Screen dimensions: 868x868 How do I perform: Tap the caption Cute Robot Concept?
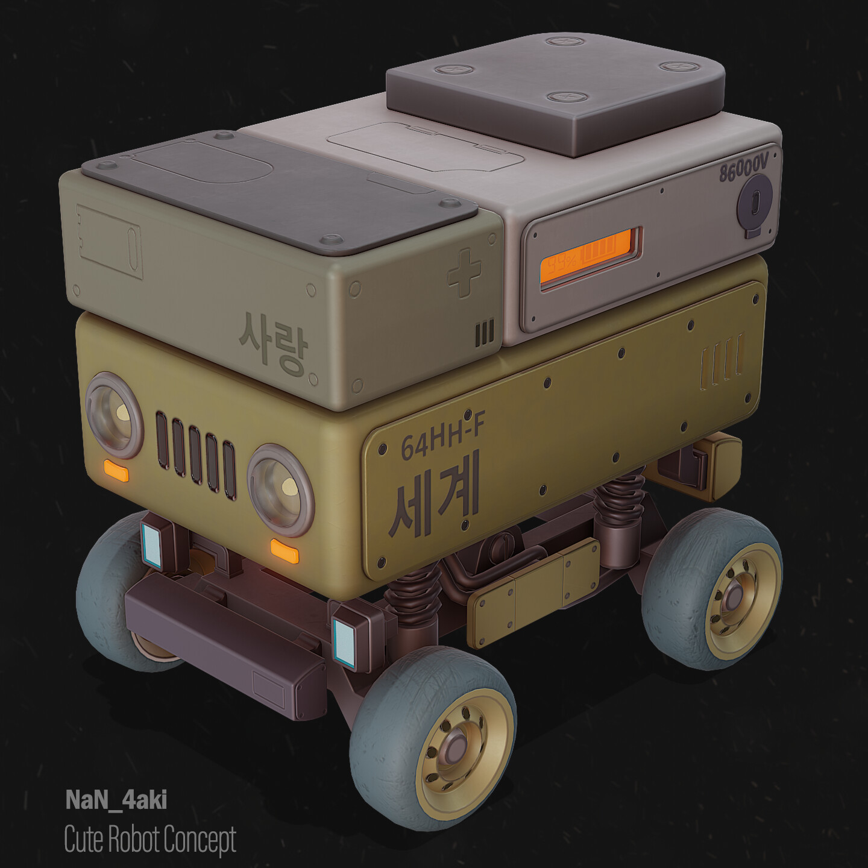149,840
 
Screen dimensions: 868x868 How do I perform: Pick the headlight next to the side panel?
280,489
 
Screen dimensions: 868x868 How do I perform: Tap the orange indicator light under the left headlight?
116,471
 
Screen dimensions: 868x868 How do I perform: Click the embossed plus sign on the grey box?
464,272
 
